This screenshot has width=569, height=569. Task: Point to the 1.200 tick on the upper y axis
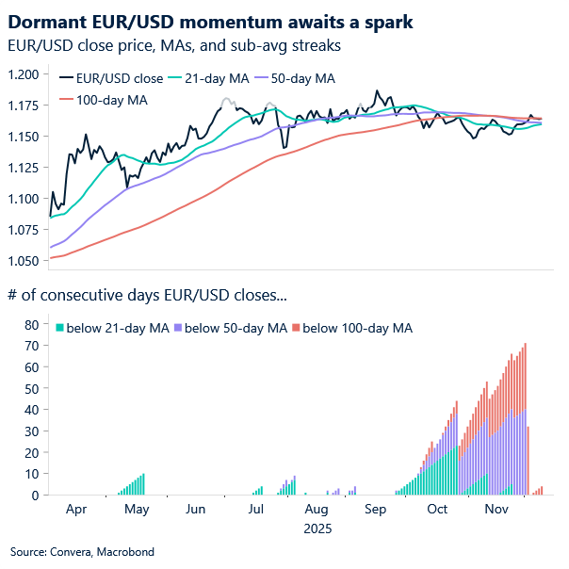pos(23,74)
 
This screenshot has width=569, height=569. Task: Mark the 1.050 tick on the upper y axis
pos(23,260)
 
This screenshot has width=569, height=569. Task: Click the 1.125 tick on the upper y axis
pos(23,168)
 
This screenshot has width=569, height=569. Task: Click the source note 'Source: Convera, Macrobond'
pos(82,551)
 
